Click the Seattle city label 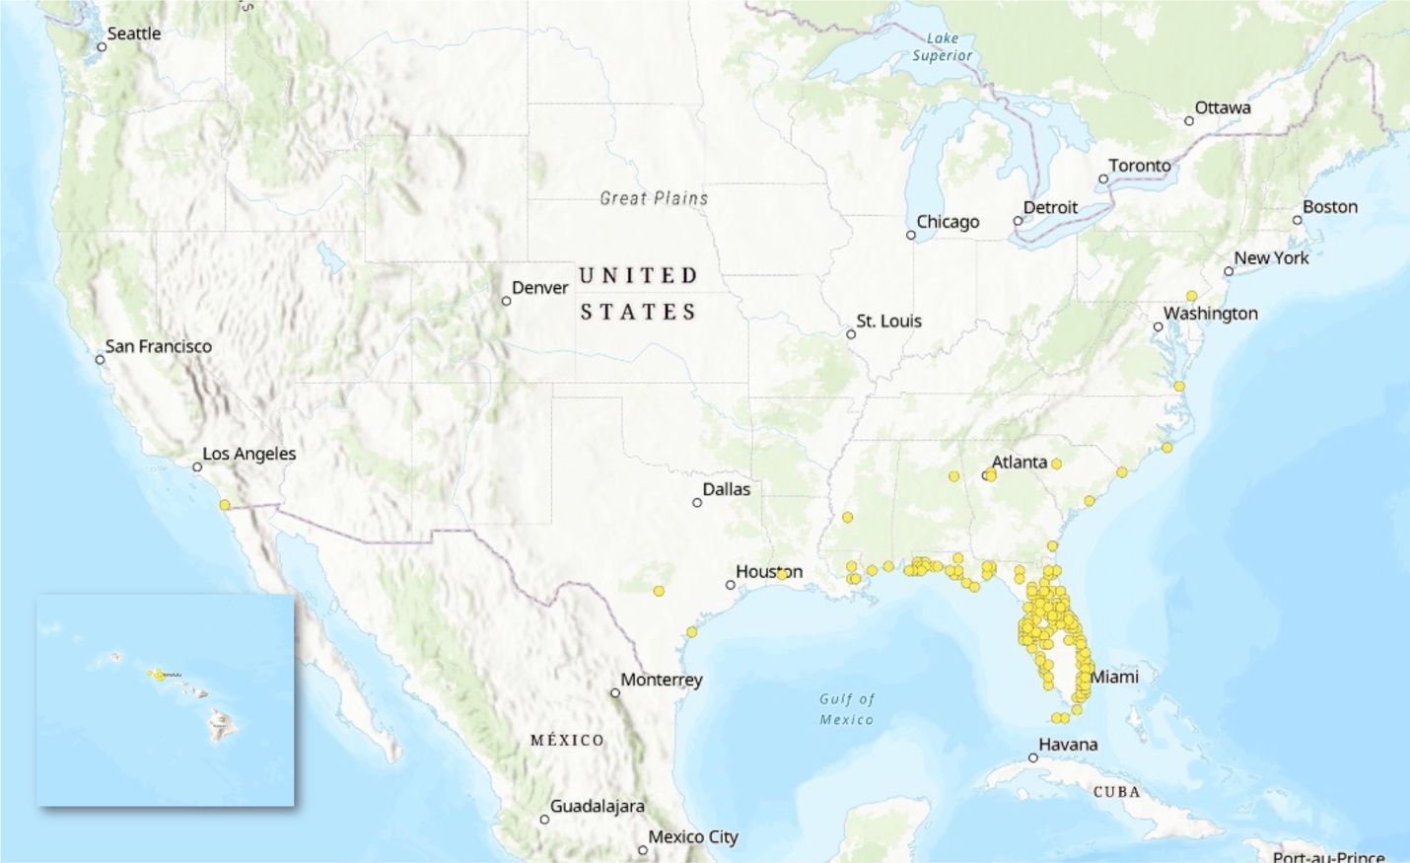tap(133, 34)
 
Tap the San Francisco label tap(158, 346)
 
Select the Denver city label tap(539, 288)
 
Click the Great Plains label tap(654, 198)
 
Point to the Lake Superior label tap(942, 47)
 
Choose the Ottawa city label tap(1222, 108)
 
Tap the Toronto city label tap(1140, 166)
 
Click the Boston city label tap(1329, 207)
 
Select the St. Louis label tap(888, 321)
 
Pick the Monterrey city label tap(661, 680)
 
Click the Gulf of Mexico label tap(846, 709)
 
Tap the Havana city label tap(1067, 745)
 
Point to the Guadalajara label tap(597, 806)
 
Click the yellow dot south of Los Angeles tap(225, 505)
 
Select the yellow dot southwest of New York tap(1191, 296)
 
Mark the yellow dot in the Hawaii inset tap(159, 676)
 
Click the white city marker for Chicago tap(911, 235)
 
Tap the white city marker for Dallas tap(697, 503)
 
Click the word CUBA tap(1116, 792)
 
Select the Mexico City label tap(692, 836)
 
